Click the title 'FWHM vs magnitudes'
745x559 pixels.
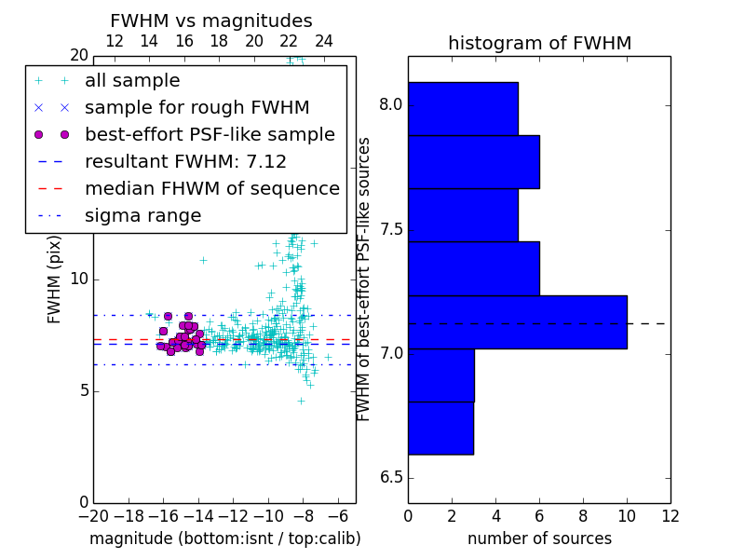pyautogui.click(x=211, y=20)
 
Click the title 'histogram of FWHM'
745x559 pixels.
pyautogui.click(x=539, y=43)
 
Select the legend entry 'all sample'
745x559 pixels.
pyautogui.click(x=132, y=81)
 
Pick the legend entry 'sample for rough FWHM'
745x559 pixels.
pyautogui.click(x=196, y=108)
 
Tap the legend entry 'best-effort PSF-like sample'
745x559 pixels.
pyautogui.click(x=210, y=135)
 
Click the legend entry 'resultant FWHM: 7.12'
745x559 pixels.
pyautogui.click(x=185, y=162)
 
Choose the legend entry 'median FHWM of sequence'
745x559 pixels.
pyautogui.click(x=211, y=189)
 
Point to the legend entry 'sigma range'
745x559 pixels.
pyautogui.click(x=142, y=216)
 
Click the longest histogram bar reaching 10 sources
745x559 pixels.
pyautogui.click(x=517, y=321)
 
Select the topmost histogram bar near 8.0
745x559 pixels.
pyautogui.click(x=463, y=108)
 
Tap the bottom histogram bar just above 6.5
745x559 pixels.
pyautogui.click(x=440, y=428)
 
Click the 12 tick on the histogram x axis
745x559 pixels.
pyautogui.click(x=670, y=515)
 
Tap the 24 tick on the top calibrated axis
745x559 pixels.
pyautogui.click(x=324, y=41)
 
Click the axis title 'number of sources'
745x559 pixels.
pyautogui.click(x=539, y=539)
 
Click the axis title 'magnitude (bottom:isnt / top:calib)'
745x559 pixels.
pyautogui.click(x=224, y=539)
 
